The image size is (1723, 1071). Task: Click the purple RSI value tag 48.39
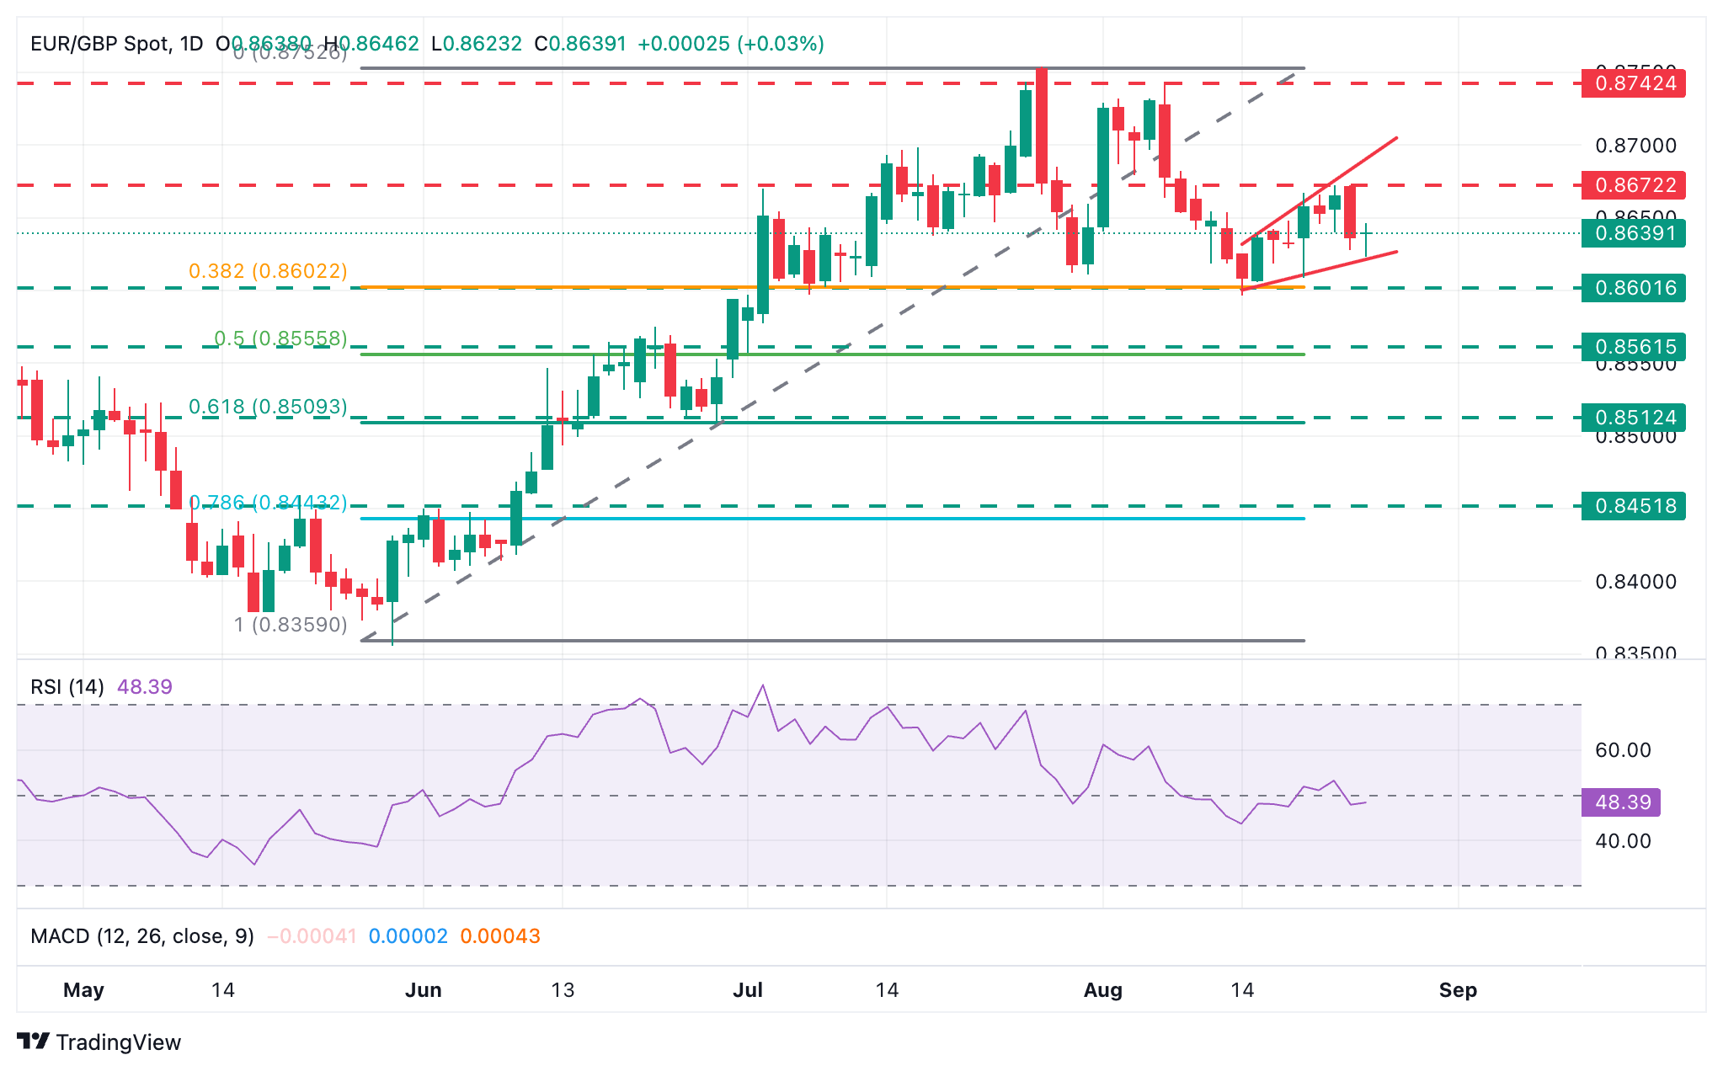coord(1621,802)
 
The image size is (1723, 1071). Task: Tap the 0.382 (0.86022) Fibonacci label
coord(268,271)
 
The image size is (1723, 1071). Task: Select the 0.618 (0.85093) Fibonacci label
coord(268,407)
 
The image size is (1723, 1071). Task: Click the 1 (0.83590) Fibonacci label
coord(291,625)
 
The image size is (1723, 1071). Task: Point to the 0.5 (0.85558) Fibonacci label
coord(280,338)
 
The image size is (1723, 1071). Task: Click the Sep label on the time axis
coord(1458,990)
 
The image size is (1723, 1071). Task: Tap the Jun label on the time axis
coord(423,990)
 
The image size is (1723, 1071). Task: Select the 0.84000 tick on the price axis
coord(1635,582)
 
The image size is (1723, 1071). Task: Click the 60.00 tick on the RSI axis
coord(1623,750)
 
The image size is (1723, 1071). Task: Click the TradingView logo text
coord(118,1042)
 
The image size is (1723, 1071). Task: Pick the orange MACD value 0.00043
coord(500,936)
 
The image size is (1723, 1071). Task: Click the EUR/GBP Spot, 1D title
coord(116,44)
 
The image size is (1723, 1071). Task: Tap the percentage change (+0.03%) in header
coord(780,44)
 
